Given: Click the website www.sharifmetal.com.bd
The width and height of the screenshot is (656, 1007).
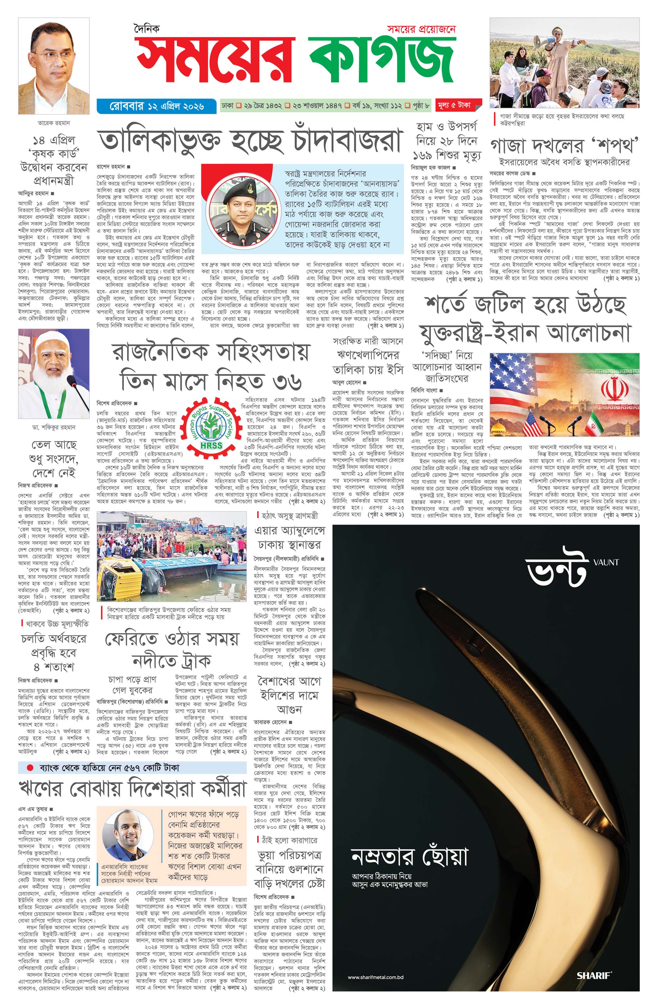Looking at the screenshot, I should (x=376, y=977).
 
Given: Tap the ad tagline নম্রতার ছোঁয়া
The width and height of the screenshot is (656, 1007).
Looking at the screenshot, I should (x=409, y=857).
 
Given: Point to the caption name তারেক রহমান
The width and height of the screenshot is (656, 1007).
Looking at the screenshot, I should (x=54, y=123).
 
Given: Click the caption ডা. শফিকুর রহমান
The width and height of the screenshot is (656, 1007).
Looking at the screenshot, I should (x=54, y=427).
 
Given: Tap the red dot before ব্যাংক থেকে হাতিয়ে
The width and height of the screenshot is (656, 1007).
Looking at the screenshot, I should (x=30, y=768).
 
